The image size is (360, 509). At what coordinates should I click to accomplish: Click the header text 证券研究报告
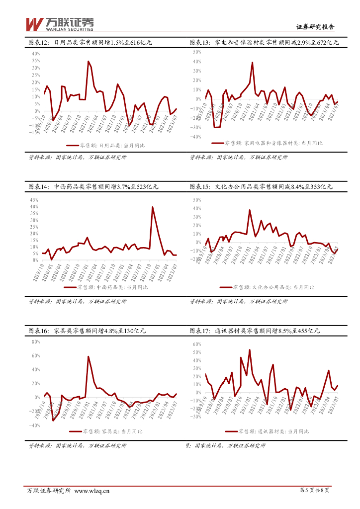(x=315, y=28)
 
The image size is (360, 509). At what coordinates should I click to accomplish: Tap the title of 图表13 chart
(x=264, y=43)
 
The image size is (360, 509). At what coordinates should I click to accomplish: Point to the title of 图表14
(x=93, y=187)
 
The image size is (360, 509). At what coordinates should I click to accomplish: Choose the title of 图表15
(x=261, y=187)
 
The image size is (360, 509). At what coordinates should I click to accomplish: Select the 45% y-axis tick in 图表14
(x=34, y=200)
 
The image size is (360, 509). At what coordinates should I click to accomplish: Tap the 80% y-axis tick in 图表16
(x=35, y=342)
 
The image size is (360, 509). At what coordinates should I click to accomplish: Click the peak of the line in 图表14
(x=152, y=207)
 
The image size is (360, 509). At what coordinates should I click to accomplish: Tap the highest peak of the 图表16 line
(x=89, y=356)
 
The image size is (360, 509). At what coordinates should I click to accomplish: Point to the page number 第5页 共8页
(x=315, y=491)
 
